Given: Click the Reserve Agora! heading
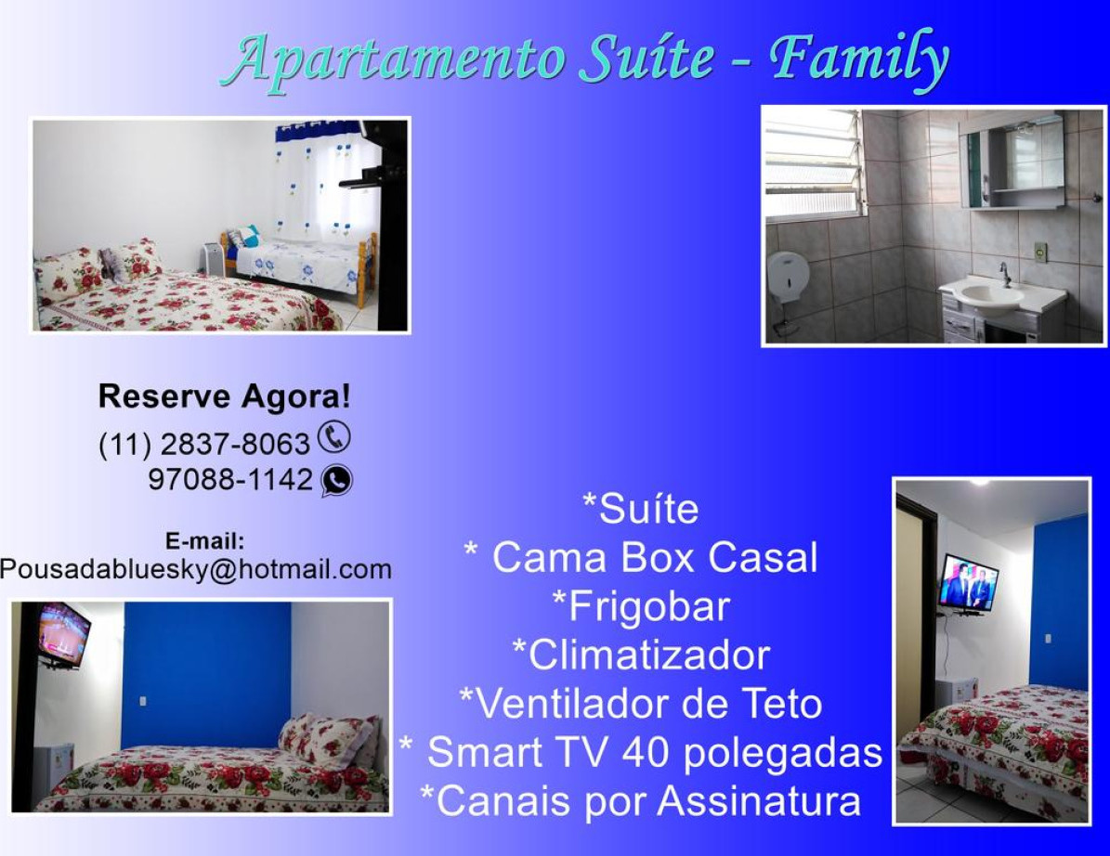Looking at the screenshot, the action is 225,396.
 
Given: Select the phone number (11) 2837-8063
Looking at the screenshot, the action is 203,445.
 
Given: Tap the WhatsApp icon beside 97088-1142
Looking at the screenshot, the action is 336,480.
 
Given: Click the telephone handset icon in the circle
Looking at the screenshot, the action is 333,436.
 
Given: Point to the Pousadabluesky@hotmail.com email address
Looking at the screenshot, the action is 195,569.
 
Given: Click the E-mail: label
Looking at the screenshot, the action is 204,541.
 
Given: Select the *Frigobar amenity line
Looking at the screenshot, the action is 640,606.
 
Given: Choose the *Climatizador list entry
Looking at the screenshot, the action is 640,655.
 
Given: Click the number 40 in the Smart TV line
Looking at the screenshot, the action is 645,751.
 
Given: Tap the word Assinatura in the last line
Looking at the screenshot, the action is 759,801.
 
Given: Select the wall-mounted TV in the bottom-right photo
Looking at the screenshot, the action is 968,583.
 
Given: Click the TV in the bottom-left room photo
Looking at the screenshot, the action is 64,634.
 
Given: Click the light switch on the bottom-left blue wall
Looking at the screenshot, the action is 144,701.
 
